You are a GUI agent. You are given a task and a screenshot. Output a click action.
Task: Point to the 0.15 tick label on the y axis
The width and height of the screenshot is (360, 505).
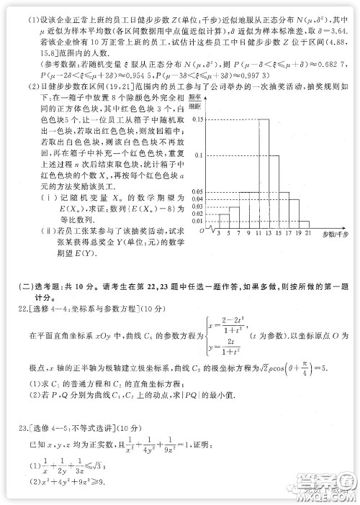pyautogui.click(x=199, y=119)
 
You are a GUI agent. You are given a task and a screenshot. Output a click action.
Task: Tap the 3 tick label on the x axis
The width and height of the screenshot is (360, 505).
pyautogui.click(x=217, y=235)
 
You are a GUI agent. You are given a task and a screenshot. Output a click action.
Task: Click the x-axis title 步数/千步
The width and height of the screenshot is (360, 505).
pyautogui.click(x=333, y=235)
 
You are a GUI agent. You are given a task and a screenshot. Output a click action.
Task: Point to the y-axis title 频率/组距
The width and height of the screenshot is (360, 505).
pyautogui.click(x=196, y=99)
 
